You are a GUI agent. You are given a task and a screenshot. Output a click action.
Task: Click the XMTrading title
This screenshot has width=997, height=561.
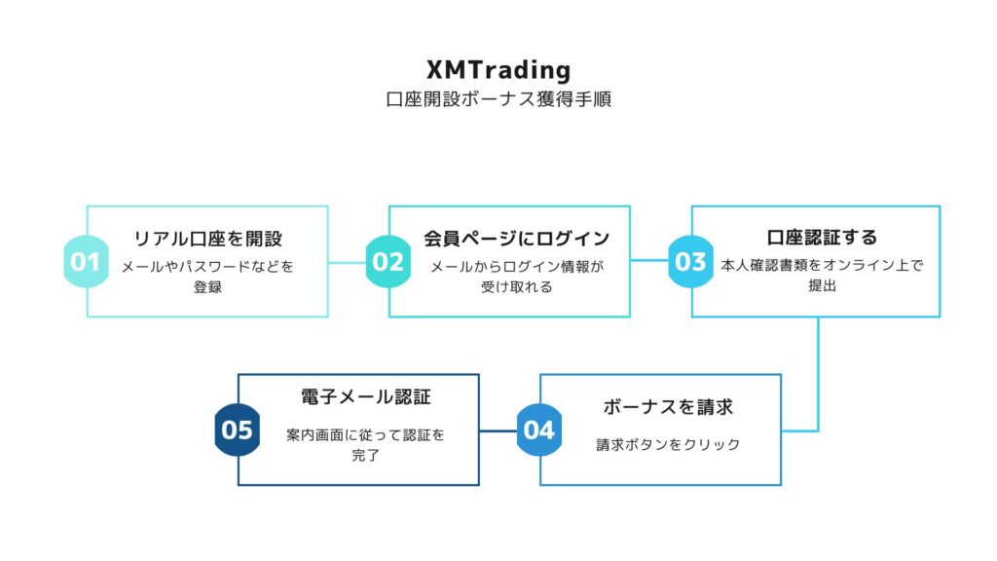click(x=498, y=69)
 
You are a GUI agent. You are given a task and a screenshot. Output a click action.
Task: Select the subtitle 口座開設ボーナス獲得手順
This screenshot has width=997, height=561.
click(x=498, y=99)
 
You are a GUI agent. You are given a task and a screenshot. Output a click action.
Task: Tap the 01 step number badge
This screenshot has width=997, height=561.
click(x=86, y=261)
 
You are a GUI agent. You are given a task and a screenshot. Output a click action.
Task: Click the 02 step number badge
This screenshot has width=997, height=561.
click(x=388, y=261)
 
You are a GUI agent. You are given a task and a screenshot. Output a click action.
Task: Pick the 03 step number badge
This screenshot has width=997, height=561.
click(x=690, y=261)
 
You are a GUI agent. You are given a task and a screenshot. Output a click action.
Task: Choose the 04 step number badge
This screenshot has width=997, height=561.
click(x=539, y=430)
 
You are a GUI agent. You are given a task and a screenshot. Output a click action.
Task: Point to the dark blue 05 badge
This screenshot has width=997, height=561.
click(x=238, y=430)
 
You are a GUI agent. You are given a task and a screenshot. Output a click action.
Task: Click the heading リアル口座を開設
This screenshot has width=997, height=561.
click(x=208, y=239)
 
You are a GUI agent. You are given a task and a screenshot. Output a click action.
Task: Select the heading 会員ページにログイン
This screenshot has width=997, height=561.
click(x=516, y=239)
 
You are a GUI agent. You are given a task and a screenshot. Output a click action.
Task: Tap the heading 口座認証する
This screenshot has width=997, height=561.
click(x=822, y=238)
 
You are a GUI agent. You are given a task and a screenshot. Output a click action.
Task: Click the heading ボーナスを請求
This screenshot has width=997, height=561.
click(x=668, y=406)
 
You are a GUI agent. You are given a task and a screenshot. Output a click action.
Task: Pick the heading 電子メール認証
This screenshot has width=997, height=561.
click(x=366, y=397)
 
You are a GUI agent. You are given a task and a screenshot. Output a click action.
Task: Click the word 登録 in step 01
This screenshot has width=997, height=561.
click(x=208, y=287)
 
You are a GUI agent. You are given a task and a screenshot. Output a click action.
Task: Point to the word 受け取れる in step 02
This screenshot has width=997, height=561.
click(x=516, y=287)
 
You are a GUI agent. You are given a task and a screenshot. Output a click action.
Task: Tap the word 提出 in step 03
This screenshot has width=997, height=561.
click(x=822, y=285)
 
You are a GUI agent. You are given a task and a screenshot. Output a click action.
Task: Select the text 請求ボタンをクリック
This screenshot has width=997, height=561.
click(x=668, y=444)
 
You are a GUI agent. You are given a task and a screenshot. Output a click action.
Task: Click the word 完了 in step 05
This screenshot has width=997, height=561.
click(x=366, y=456)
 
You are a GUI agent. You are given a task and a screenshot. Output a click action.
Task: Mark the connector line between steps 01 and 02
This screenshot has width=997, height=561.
click(x=348, y=262)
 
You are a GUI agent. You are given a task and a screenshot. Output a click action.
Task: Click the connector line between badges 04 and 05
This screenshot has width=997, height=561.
click(x=498, y=430)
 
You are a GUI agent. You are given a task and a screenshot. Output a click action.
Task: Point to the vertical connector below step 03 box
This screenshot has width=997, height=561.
click(x=818, y=374)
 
